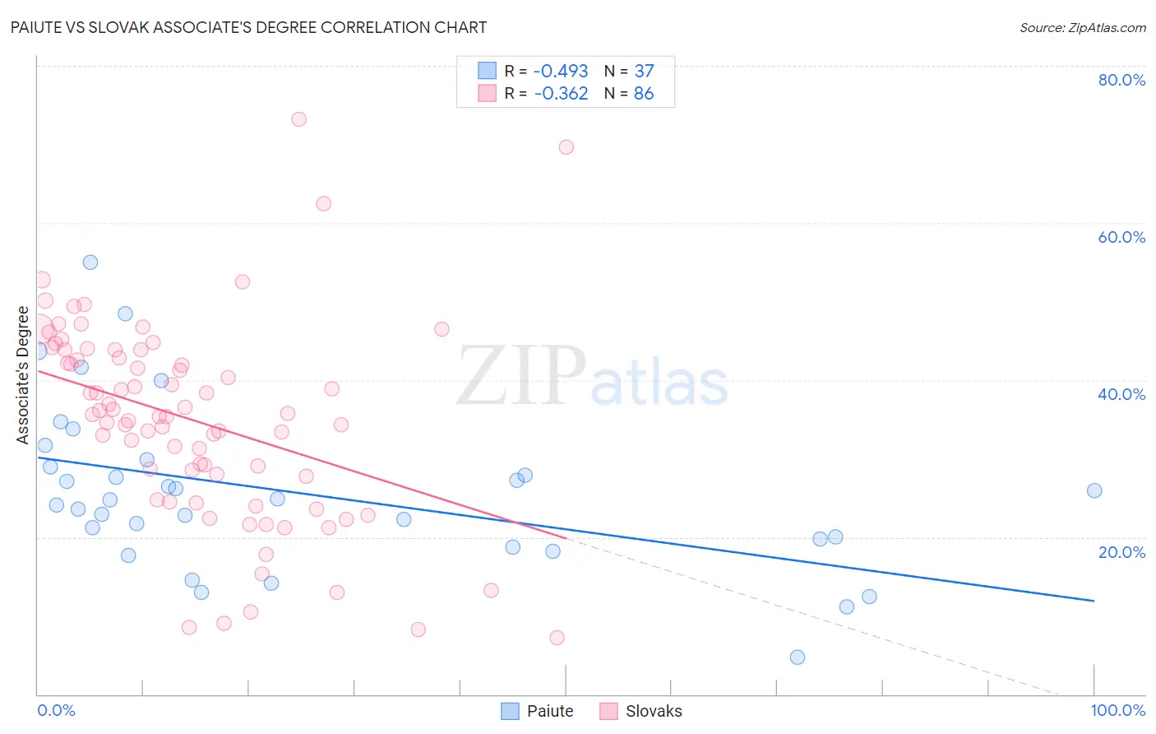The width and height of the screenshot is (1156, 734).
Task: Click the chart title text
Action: coord(248,27)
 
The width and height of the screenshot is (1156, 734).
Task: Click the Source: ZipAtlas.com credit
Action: coord(1082,27)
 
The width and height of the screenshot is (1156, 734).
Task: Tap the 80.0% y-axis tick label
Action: coord(1121,80)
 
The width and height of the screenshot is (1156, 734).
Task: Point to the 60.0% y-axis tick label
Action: coord(1121,237)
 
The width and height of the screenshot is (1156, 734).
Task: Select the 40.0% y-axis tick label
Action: coord(1121,394)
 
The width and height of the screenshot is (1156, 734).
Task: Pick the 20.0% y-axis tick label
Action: coord(1121,552)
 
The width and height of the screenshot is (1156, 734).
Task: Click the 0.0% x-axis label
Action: coord(56,710)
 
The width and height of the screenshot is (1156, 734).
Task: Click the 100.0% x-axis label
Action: coord(1117,710)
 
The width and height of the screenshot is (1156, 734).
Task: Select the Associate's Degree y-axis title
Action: coord(23,374)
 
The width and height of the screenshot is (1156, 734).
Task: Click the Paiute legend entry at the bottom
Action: coord(538,711)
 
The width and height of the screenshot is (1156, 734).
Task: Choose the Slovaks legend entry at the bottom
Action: coord(641,711)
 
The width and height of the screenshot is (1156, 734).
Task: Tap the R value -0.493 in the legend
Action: coord(561,71)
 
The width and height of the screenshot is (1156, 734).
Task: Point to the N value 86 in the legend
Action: coord(644,94)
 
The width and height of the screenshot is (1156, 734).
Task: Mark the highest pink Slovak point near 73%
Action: coord(299,119)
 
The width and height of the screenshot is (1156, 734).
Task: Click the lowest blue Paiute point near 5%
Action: coord(798,657)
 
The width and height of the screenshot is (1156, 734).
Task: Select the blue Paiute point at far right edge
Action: coord(1094,490)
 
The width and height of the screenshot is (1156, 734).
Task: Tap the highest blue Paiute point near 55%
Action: coord(90,262)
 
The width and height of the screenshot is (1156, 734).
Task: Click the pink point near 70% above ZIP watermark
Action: coord(566,147)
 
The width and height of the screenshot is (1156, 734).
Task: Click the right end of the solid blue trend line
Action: coord(1094,601)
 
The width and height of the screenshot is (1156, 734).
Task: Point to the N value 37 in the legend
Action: coord(644,71)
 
